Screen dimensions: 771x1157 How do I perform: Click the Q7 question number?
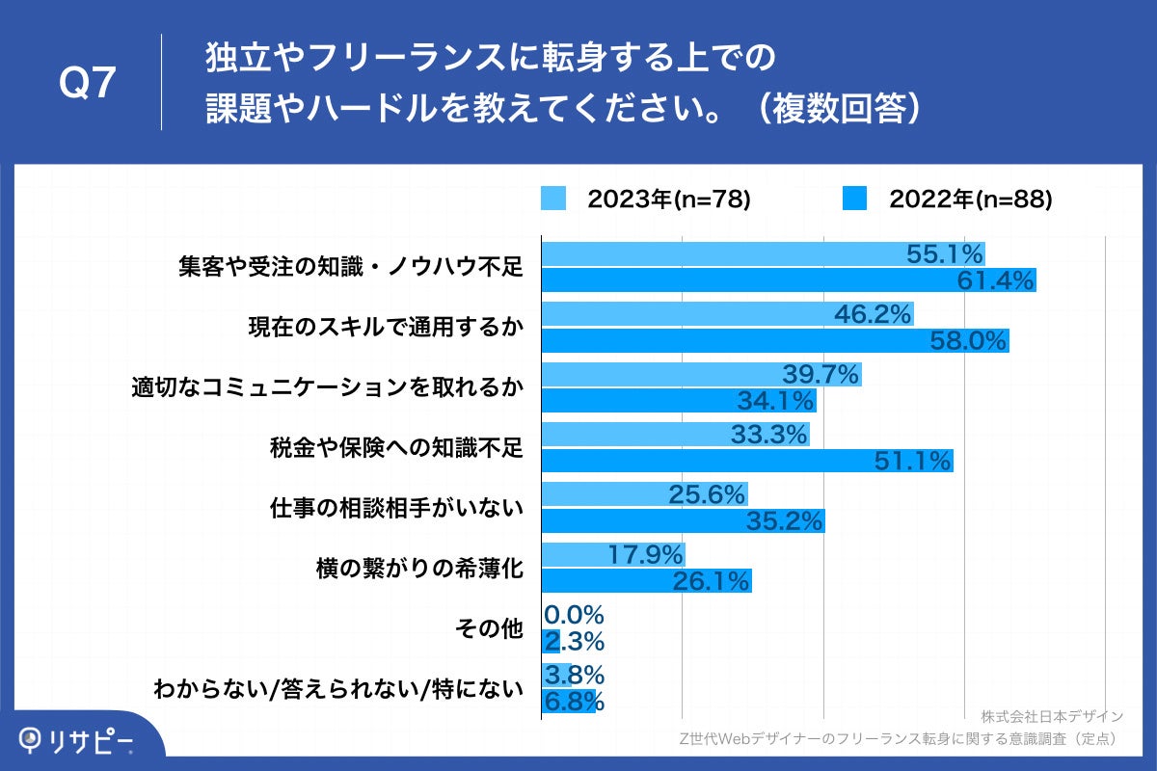click(88, 84)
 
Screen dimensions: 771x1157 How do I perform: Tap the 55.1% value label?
click(945, 254)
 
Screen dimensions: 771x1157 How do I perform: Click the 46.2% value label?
click(874, 314)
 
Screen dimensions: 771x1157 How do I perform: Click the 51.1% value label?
click(913, 461)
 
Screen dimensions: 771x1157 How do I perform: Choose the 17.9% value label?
click(646, 555)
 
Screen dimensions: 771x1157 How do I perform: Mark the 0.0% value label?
click(574, 615)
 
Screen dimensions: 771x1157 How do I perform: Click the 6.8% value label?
click(575, 701)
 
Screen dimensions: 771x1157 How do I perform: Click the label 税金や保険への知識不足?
click(395, 448)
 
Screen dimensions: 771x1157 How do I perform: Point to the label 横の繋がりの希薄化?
click(419, 569)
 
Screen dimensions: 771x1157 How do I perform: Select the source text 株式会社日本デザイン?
click(1052, 716)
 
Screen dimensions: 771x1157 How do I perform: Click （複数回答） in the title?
click(834, 109)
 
